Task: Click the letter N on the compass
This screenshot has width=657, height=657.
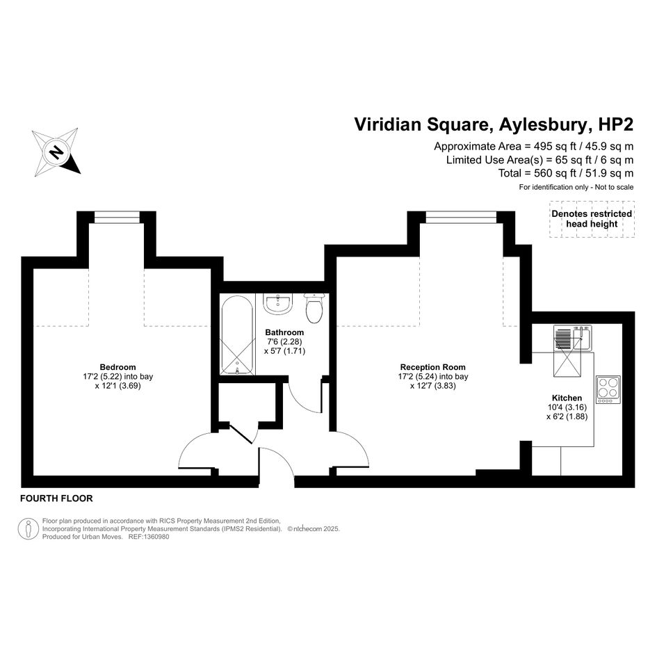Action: point(56,152)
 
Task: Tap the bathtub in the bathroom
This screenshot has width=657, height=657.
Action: point(237,334)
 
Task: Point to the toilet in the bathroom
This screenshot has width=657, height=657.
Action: point(314,308)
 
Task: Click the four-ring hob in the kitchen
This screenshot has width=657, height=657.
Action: point(608,389)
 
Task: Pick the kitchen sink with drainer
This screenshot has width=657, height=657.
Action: point(572,339)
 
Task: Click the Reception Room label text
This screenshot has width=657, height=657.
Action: point(433,367)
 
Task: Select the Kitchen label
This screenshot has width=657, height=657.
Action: point(567,398)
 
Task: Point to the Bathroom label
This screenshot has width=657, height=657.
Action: point(284,332)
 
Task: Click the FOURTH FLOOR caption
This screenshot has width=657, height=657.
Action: point(56,498)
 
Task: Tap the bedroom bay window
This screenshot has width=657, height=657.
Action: point(117,217)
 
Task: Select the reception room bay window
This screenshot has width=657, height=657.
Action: point(462,217)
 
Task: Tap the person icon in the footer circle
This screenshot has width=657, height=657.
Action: point(28,529)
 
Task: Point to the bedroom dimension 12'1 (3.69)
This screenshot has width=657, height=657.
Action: point(117,385)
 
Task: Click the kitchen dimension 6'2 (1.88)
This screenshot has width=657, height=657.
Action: point(567,416)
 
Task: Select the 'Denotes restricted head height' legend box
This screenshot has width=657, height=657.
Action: point(592,219)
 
